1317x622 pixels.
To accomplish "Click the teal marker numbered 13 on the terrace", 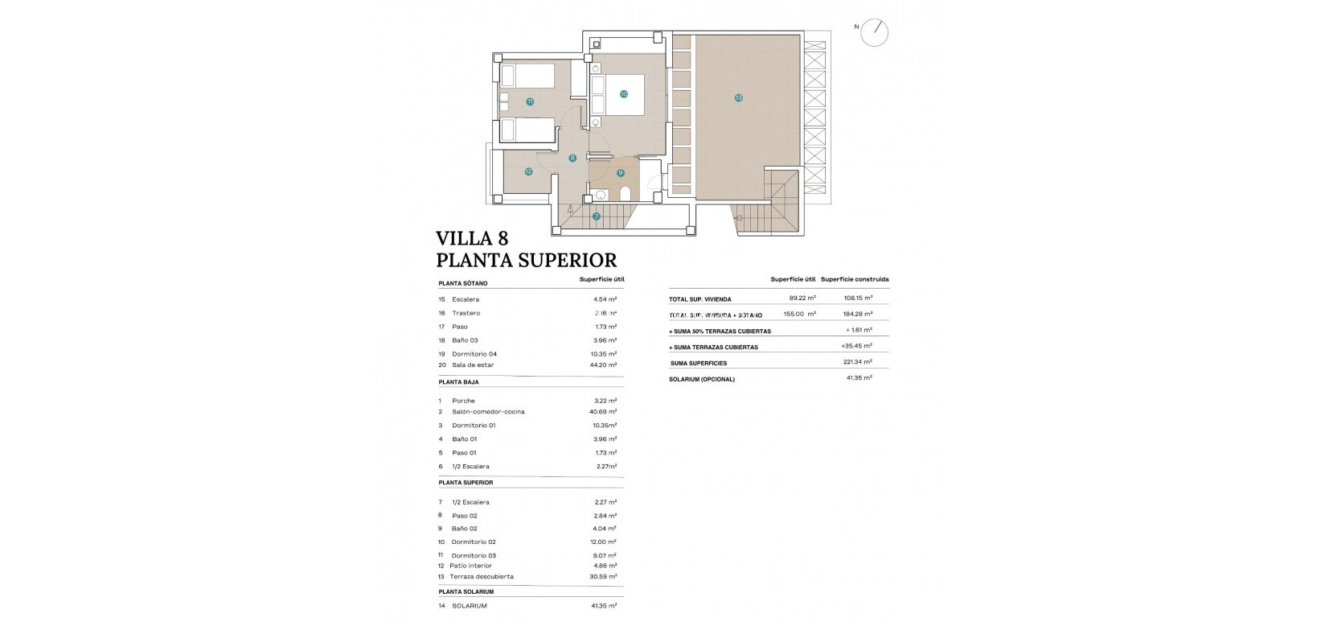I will click(738, 98).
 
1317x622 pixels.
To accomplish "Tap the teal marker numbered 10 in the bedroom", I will click(623, 94).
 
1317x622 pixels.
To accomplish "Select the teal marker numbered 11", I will click(530, 101).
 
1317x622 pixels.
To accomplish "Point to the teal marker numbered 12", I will click(528, 171).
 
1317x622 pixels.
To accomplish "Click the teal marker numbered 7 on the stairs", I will click(596, 216).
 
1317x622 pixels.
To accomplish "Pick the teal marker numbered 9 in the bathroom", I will click(620, 173).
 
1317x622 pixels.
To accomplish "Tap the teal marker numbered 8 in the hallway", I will click(572, 159).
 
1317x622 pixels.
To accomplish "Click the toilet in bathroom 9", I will click(626, 195).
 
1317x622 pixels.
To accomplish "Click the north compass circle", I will click(876, 32).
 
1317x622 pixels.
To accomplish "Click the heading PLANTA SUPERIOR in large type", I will click(526, 261).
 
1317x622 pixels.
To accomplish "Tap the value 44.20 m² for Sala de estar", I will click(603, 365).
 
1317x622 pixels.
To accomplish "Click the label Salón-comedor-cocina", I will click(488, 412).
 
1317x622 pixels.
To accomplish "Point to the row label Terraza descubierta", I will click(482, 577).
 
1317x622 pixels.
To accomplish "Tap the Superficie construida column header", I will click(855, 279).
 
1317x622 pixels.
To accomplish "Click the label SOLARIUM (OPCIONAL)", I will click(702, 379).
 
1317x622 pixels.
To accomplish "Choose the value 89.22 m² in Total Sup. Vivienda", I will click(802, 298).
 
